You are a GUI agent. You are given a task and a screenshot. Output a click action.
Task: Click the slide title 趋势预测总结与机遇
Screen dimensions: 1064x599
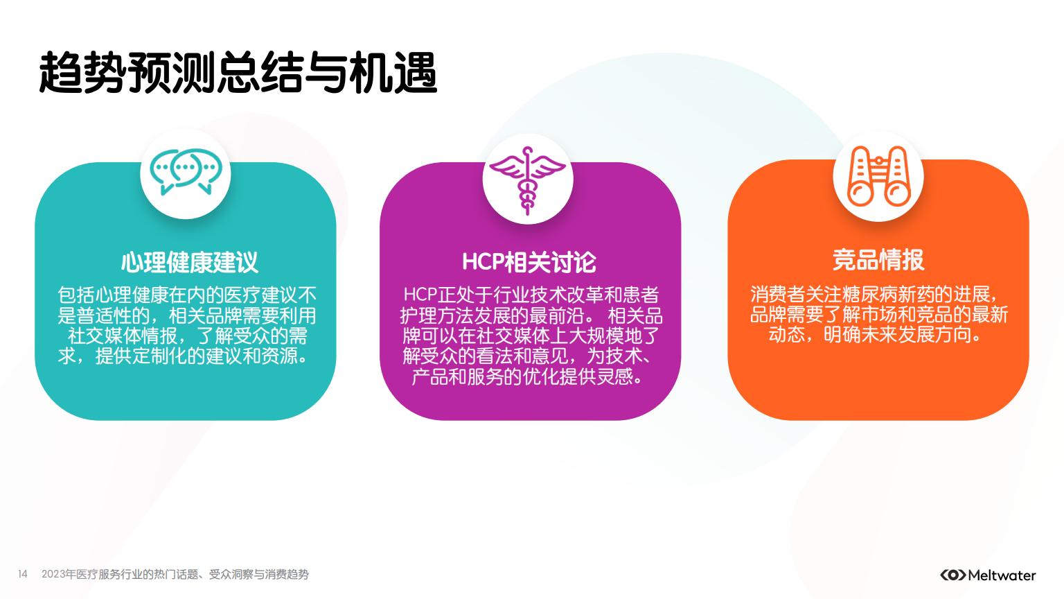(x=238, y=73)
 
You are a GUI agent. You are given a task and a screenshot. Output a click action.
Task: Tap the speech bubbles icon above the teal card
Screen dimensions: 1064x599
(x=186, y=172)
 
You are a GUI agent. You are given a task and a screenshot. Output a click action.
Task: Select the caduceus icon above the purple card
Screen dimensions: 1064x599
(x=527, y=180)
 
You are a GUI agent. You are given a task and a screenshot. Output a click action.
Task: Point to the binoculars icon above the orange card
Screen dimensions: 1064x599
(x=879, y=176)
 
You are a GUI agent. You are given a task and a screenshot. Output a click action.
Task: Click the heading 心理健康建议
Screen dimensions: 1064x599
(x=190, y=262)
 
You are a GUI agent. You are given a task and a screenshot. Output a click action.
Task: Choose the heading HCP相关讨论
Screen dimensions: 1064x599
(x=529, y=262)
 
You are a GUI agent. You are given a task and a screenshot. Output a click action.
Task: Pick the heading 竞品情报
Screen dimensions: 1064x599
(x=878, y=259)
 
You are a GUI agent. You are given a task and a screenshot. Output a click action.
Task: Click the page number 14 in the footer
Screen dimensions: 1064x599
(x=23, y=574)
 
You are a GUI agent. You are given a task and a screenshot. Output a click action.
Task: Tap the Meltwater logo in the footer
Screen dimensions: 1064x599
(x=988, y=575)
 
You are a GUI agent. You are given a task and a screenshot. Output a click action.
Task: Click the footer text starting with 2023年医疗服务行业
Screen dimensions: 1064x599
(x=175, y=574)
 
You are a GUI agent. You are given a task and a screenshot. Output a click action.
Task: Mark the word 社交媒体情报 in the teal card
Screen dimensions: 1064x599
(x=123, y=336)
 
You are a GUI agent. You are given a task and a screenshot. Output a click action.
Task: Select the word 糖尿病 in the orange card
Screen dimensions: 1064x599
(x=870, y=295)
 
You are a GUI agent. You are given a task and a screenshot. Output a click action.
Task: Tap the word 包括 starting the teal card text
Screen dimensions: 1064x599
(x=76, y=295)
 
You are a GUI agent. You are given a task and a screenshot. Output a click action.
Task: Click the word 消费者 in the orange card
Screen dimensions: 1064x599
(x=778, y=295)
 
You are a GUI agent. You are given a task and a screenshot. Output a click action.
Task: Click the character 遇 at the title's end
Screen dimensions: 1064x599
(x=415, y=73)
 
